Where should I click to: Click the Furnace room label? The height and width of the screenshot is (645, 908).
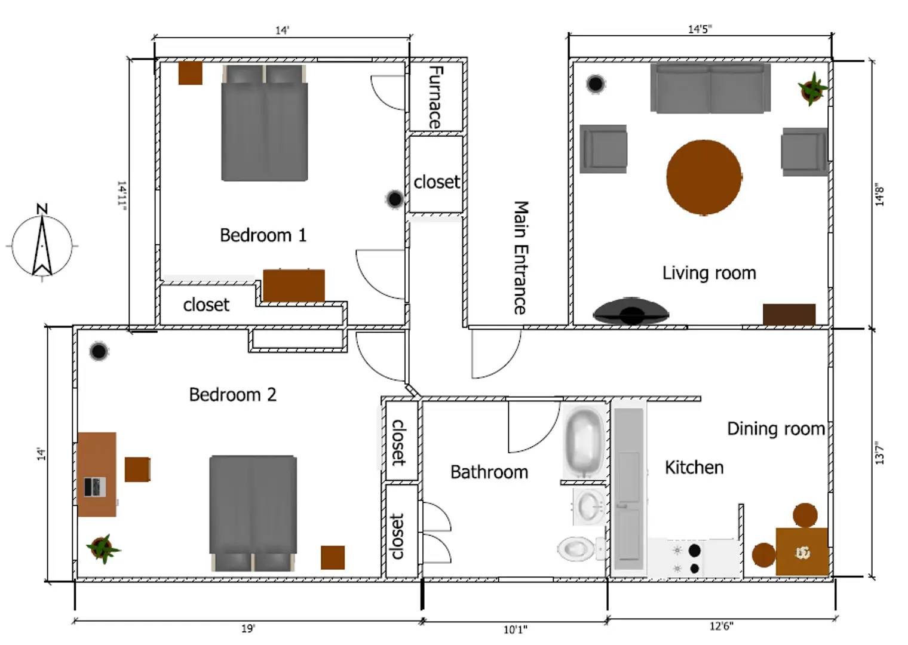[435, 97]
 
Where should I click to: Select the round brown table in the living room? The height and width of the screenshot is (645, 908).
[704, 177]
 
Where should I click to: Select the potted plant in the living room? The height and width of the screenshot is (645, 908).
[812, 88]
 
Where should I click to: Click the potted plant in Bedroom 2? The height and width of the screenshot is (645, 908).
[102, 548]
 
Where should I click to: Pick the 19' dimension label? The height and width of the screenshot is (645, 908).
[248, 628]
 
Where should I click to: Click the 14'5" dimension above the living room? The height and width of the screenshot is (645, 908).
[700, 29]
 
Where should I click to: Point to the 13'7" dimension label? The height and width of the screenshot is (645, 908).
[879, 453]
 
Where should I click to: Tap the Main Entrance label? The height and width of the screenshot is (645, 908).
[521, 257]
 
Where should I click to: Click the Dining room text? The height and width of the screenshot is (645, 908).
[775, 428]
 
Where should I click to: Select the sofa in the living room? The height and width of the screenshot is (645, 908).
[710, 88]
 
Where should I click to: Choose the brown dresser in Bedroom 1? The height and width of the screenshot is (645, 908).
[294, 285]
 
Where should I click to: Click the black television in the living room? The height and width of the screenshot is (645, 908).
[631, 311]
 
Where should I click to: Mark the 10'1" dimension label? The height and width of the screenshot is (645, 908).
[515, 629]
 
